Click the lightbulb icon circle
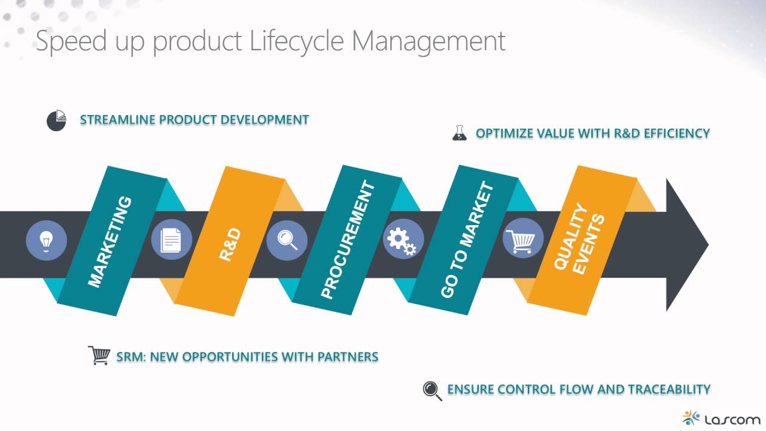[47, 241]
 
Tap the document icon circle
[171, 241]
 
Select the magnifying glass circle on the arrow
[287, 241]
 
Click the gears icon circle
[403, 239]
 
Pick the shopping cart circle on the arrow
[524, 239]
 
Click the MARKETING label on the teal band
[110, 242]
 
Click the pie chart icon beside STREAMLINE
[56, 120]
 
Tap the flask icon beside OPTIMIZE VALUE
[459, 133]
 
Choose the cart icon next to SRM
[99, 356]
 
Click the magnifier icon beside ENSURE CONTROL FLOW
[432, 390]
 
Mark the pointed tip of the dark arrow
[707, 244]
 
